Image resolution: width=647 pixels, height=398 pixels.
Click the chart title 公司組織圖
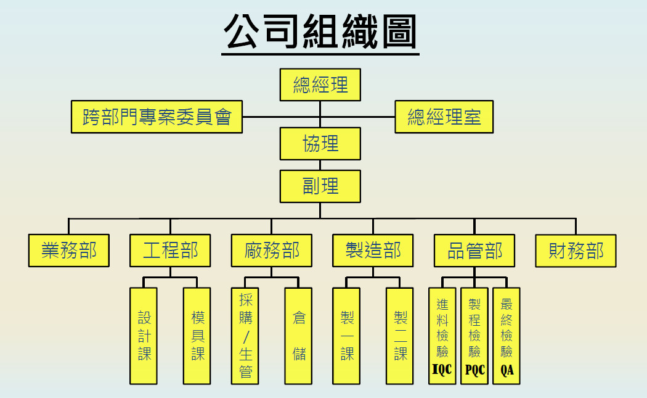(x=320, y=32)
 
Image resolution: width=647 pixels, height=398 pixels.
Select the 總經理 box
(x=320, y=85)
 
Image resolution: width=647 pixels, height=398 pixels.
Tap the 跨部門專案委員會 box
(x=157, y=117)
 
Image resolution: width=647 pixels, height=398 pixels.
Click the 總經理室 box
(x=444, y=117)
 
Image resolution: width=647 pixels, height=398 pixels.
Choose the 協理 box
(x=320, y=143)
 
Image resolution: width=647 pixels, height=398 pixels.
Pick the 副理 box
(x=320, y=186)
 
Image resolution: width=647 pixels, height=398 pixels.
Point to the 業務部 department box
(x=69, y=251)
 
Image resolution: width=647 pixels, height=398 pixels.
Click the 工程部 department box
(x=170, y=251)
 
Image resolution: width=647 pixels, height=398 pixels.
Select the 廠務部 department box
(x=272, y=251)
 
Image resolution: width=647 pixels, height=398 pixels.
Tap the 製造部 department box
(x=373, y=251)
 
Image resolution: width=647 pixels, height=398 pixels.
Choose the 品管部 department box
(x=474, y=251)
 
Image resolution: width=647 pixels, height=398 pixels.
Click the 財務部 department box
(x=576, y=251)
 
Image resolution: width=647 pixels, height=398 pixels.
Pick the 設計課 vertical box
(x=144, y=336)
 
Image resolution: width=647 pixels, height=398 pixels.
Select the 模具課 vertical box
(x=197, y=336)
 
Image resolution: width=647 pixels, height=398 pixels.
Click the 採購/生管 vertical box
(x=245, y=336)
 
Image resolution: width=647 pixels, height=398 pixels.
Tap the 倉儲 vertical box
(x=299, y=336)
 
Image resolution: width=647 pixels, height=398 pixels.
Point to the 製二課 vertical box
(x=401, y=336)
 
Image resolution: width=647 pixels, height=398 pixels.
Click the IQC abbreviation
(x=442, y=370)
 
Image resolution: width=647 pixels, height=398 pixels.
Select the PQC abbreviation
(x=474, y=370)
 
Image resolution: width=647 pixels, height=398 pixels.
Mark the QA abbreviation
(x=507, y=370)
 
